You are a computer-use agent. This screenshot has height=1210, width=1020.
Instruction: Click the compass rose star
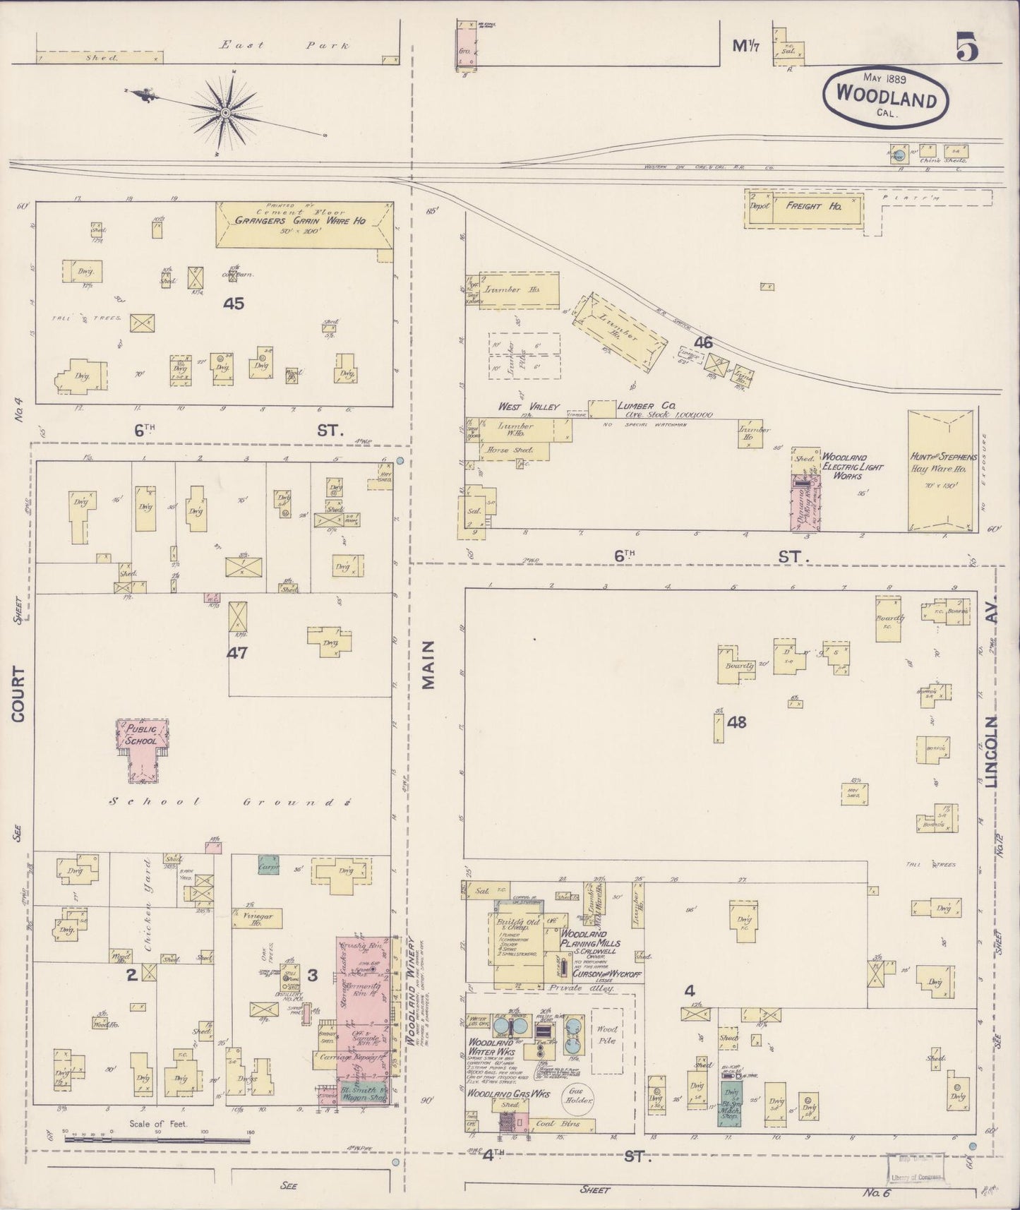pos(224,112)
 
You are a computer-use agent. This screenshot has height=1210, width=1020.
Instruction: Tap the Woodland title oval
pos(885,97)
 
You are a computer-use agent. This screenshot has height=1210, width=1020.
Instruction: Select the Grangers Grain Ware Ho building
pos(304,224)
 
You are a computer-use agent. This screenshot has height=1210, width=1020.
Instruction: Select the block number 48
pos(736,721)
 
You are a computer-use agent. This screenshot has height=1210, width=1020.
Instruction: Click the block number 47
pos(236,653)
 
